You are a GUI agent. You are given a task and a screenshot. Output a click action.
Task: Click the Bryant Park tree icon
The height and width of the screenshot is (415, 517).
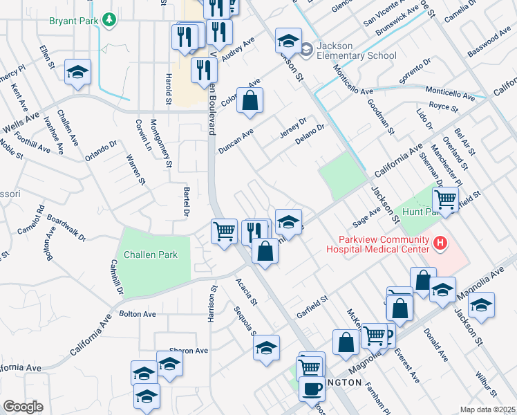point(108,21)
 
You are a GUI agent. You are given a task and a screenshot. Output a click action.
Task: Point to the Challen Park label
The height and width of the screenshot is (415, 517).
point(150,255)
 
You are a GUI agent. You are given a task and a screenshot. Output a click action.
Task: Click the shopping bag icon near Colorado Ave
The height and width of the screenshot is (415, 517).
point(251,100)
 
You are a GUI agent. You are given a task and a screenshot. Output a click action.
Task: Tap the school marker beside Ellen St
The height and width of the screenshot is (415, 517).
point(78,72)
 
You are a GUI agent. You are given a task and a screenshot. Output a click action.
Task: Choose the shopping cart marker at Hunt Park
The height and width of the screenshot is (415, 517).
point(446,201)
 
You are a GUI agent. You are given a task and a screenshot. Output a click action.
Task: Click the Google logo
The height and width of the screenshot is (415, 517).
point(23,407)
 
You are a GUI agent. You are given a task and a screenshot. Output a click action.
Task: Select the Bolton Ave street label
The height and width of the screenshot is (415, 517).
point(138,314)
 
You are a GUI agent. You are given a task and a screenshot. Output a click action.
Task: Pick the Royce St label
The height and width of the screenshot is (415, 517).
point(443,107)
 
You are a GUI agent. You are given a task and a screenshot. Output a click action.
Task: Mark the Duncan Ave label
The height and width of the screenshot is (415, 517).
point(236,141)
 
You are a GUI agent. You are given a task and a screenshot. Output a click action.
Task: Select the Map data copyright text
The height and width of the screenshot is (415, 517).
point(487,409)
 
